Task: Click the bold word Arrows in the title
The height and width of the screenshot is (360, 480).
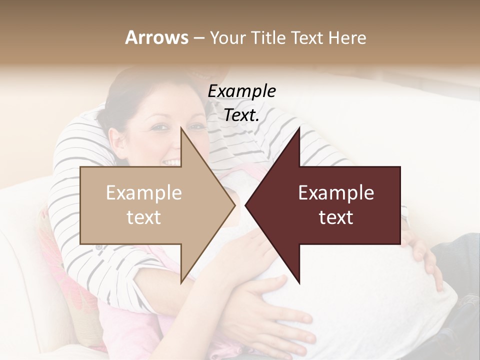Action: pyautogui.click(x=157, y=37)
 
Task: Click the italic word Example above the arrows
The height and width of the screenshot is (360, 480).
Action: pyautogui.click(x=241, y=91)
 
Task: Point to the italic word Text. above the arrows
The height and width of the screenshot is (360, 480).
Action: pyautogui.click(x=241, y=115)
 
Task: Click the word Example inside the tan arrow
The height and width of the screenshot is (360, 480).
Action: pyautogui.click(x=144, y=193)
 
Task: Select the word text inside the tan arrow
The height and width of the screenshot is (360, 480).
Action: pyautogui.click(x=144, y=217)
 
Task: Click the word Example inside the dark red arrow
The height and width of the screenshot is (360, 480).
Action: pyautogui.click(x=336, y=193)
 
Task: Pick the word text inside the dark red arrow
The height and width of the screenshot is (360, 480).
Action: pyautogui.click(x=336, y=217)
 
